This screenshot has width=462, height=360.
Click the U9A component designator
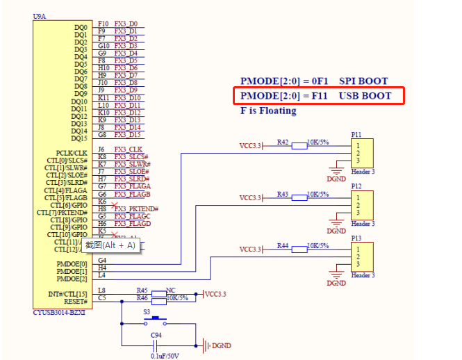(x=40, y=15)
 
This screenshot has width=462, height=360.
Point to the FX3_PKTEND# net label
(x=137, y=208)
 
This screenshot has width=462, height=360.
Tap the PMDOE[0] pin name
(x=72, y=264)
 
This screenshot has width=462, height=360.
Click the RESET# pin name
(x=74, y=301)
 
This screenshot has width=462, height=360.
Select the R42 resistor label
(x=282, y=142)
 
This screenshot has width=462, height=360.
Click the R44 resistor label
(x=282, y=245)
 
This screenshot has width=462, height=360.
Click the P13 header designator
(x=356, y=238)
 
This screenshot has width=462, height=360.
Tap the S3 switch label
(x=147, y=312)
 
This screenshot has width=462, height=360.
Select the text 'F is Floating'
(x=268, y=111)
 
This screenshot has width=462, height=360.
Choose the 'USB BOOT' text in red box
(x=365, y=95)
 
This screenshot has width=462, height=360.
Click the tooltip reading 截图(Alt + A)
(x=110, y=245)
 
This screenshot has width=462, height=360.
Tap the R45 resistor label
(x=142, y=290)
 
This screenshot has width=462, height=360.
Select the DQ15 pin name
(x=79, y=138)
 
